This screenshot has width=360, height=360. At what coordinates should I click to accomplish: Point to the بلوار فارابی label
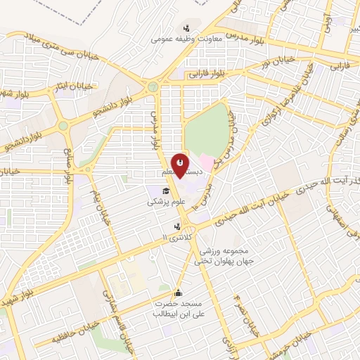207,72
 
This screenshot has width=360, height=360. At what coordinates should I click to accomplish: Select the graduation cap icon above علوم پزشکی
166,191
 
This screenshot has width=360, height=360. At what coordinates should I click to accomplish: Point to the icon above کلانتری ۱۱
177,226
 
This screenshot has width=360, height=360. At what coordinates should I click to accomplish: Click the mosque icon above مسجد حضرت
179,293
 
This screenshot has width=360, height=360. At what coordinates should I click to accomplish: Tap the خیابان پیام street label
102,205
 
